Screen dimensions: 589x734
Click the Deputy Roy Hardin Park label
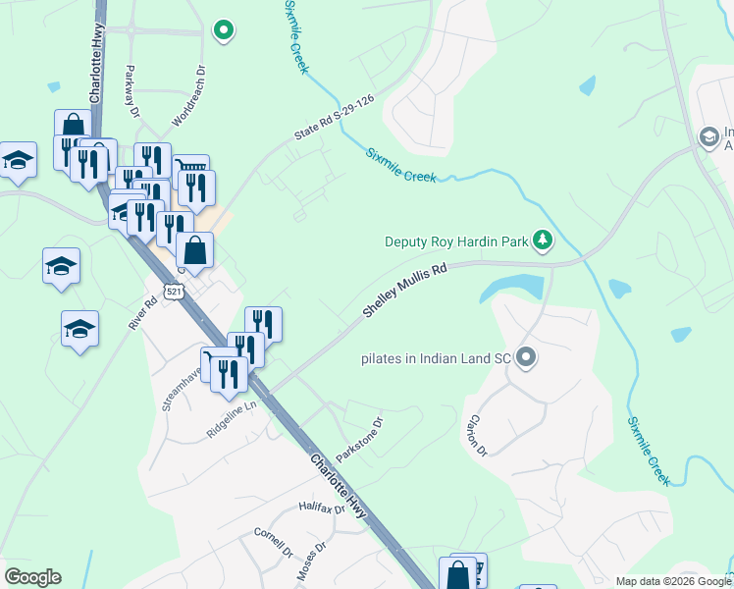[x=454, y=241]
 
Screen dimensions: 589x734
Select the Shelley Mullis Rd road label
[x=404, y=289]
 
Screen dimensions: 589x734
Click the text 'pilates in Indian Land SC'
[x=435, y=357]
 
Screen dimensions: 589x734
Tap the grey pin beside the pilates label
[x=526, y=357]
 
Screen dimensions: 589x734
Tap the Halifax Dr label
[x=322, y=509]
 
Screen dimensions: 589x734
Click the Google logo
[x=32, y=577]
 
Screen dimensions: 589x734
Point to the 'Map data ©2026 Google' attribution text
[x=672, y=581]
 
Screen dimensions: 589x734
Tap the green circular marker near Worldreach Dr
[x=224, y=30]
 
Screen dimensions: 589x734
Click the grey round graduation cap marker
[x=708, y=136]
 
